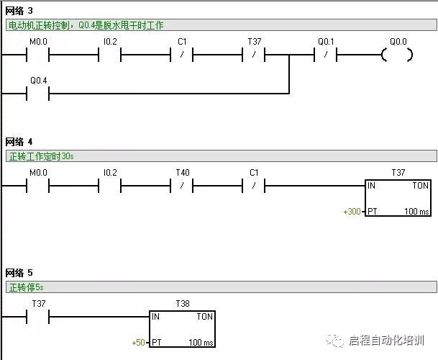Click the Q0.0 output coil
398,55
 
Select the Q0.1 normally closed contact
326,55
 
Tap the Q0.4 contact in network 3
38,93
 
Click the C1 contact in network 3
182,55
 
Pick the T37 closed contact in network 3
254,55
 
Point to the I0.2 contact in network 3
110,55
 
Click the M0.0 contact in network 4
38,186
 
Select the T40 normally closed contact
182,186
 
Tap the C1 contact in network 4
254,186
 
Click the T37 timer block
398,199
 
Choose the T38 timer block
182,329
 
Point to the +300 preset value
352,212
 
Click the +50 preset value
139,342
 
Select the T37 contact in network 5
38,316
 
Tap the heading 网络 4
19,142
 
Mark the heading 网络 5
19,273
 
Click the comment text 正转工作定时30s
41,156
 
